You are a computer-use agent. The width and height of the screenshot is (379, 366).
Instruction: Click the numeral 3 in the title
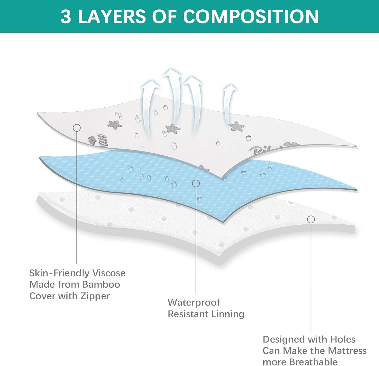(66, 17)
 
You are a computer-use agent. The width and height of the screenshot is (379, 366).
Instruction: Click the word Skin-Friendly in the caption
(59, 273)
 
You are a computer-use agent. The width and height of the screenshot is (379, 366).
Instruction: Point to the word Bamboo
(101, 284)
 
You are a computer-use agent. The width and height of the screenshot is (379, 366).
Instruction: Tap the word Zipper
(95, 296)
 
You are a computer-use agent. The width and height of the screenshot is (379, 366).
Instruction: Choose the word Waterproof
(194, 302)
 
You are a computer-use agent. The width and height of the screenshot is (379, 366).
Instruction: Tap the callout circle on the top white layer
(77, 128)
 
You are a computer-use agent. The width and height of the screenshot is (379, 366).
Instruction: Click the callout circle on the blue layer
(196, 183)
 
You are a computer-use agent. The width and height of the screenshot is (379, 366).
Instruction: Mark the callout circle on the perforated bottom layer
(311, 219)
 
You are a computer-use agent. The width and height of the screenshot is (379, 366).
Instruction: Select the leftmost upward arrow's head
(151, 84)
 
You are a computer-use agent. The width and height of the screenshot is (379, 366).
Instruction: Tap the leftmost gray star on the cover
(115, 124)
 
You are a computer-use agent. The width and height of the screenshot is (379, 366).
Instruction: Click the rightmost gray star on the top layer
(236, 126)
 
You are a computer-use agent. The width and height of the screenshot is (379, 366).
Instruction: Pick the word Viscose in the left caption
(109, 273)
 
